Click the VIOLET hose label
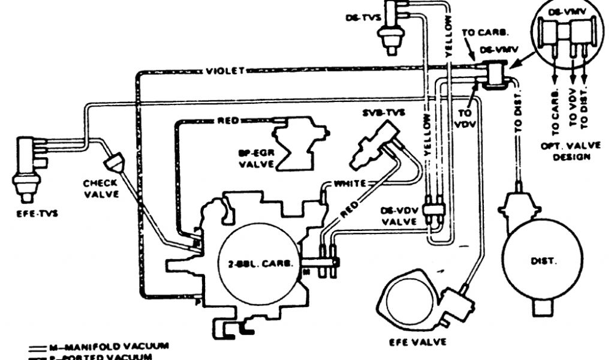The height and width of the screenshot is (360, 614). click(225, 70)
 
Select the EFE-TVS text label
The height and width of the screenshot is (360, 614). click(25, 212)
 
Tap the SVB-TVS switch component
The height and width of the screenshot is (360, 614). click(372, 144)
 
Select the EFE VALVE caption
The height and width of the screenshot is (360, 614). click(418, 342)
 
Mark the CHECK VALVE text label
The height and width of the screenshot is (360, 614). click(101, 189)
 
